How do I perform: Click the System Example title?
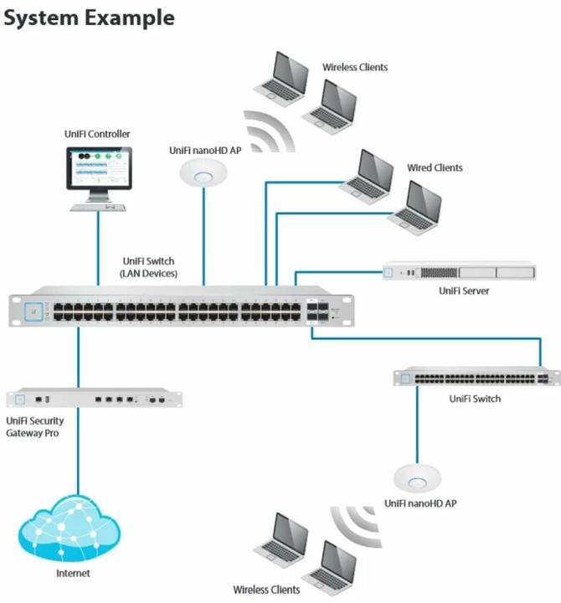[89, 17]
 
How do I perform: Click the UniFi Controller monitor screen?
[98, 170]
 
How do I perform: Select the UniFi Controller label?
[97, 134]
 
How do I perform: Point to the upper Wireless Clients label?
[355, 67]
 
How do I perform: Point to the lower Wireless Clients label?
[266, 590]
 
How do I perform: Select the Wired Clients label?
[435, 167]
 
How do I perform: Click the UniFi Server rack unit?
[458, 272]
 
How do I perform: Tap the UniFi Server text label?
[463, 291]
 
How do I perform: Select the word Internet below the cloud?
[72, 574]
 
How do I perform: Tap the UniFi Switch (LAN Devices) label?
[150, 267]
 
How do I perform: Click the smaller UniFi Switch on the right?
[476, 378]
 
